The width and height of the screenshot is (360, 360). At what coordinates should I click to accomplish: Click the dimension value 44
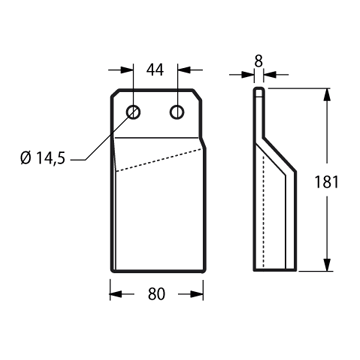[155, 70]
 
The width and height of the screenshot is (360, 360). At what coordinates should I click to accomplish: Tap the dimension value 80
[156, 294]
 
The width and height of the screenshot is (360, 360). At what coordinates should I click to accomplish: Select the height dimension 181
[326, 182]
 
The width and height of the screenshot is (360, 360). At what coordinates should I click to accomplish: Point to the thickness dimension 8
[259, 61]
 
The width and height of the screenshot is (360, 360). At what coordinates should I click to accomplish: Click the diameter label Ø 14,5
[42, 158]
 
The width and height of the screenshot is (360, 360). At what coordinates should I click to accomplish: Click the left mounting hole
[133, 112]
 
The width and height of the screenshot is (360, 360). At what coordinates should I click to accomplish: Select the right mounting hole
[177, 112]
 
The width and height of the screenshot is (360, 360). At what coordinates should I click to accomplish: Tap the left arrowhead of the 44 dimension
[127, 70]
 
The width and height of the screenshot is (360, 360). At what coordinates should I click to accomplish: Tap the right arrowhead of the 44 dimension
[184, 70]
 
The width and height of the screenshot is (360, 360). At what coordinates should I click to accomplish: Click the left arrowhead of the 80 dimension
[116, 294]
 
